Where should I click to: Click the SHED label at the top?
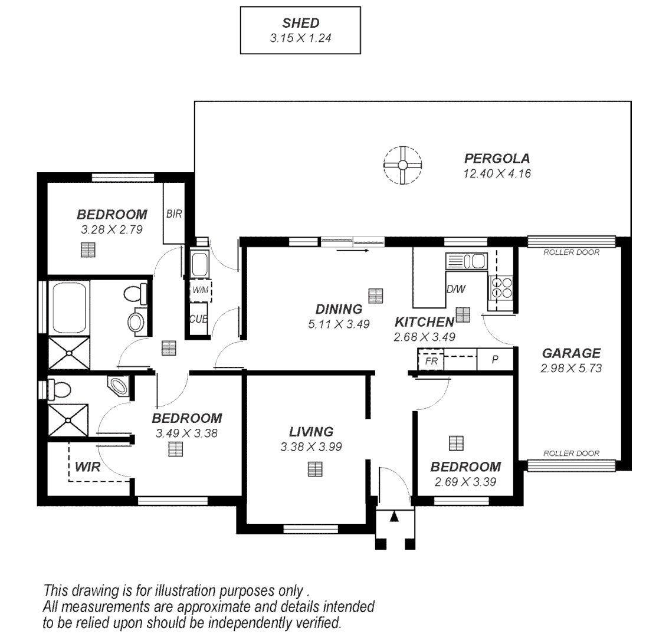(x=300, y=24)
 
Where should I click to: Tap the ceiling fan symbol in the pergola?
(x=402, y=165)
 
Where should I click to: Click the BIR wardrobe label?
(x=174, y=214)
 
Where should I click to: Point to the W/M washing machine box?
(x=199, y=290)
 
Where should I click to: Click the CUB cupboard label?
(x=198, y=319)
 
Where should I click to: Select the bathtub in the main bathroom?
(x=70, y=307)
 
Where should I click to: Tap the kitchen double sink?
(x=466, y=261)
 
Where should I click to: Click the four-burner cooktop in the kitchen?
(x=501, y=287)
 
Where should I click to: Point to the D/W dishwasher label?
(x=455, y=290)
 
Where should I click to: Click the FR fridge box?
(x=431, y=360)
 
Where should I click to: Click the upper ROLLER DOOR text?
(x=571, y=252)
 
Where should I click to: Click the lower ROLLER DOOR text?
(x=571, y=454)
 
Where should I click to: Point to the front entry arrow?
(x=394, y=517)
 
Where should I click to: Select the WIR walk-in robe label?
(x=87, y=468)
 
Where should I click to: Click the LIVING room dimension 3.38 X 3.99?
(x=311, y=447)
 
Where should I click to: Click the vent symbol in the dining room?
(x=373, y=294)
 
